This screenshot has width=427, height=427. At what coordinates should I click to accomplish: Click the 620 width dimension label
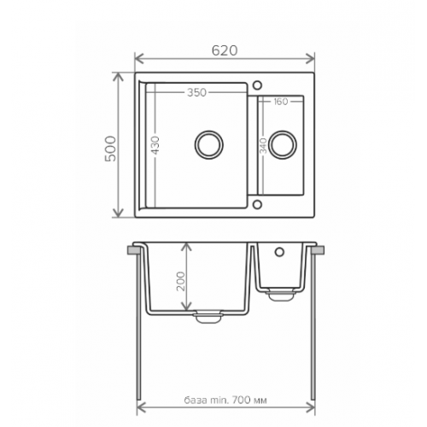[225, 50]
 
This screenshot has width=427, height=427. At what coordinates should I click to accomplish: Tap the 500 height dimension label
[111, 149]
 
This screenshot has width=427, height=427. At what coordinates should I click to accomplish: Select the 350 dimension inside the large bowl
[196, 92]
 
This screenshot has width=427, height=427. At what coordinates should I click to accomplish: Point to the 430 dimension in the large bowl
[155, 145]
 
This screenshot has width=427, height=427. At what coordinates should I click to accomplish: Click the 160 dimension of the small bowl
[281, 102]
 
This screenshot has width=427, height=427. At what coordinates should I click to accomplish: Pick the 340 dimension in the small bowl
[263, 145]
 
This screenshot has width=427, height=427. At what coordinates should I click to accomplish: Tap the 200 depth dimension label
[181, 281]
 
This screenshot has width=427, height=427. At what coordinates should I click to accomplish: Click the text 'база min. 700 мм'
[225, 401]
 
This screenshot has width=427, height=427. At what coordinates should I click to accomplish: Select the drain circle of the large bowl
[209, 144]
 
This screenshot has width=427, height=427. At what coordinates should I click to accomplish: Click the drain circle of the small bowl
[283, 144]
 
